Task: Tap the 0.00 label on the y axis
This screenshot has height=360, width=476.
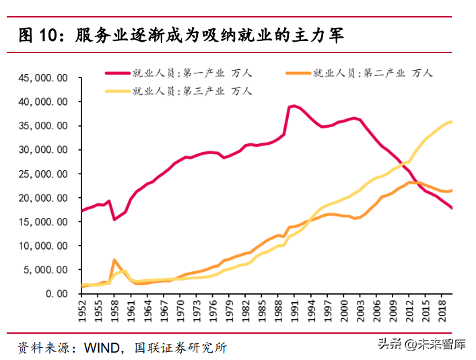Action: coord(61,294)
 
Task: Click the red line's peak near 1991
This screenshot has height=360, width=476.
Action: coord(294,106)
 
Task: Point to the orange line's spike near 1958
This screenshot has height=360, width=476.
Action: coord(114,260)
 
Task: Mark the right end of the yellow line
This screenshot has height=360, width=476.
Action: coord(451,122)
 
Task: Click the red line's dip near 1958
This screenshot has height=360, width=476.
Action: coord(114,219)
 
